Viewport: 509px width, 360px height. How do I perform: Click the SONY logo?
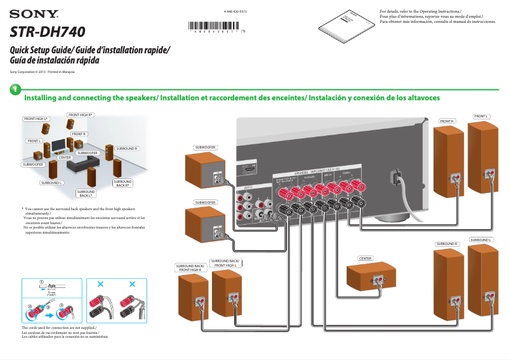point(34,13)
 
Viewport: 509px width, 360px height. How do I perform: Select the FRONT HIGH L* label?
point(37,119)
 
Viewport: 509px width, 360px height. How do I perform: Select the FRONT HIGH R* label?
point(81,115)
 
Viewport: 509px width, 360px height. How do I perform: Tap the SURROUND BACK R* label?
point(122,183)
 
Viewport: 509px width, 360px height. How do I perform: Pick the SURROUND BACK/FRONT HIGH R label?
point(190,268)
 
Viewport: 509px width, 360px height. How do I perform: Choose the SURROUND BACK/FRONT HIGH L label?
point(225,262)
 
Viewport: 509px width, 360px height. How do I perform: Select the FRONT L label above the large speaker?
point(481,116)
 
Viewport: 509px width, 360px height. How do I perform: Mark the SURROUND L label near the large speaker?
point(481,239)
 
